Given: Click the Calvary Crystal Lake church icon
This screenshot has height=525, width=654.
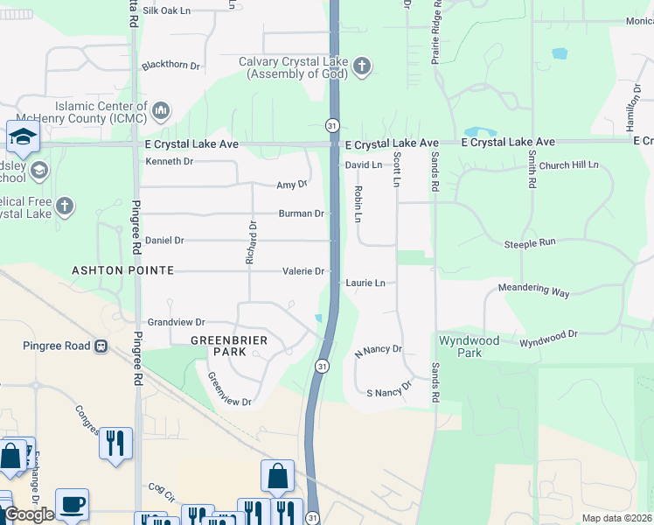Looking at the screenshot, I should (362, 66).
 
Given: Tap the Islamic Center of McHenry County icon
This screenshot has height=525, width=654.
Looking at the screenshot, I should (160, 110).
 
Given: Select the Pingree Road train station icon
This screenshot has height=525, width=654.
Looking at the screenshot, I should (101, 346).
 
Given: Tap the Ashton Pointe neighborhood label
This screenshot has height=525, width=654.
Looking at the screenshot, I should (122, 271).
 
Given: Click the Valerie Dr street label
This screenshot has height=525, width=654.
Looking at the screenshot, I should (303, 271).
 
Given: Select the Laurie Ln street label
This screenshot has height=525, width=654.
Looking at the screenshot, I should (365, 283).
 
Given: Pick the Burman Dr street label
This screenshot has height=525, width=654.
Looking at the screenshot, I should (301, 213).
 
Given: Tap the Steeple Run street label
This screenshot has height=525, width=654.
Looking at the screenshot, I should (553, 244).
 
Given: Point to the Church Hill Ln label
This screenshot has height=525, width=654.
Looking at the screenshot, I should (568, 164).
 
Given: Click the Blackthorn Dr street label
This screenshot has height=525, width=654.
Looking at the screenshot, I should (170, 66).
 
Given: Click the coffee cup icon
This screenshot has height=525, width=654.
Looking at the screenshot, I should (72, 504).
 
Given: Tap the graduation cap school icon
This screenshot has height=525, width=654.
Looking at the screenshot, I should (21, 136).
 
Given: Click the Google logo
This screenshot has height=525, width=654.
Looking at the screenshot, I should (29, 514).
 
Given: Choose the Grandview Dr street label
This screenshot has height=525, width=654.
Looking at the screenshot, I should (176, 322).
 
